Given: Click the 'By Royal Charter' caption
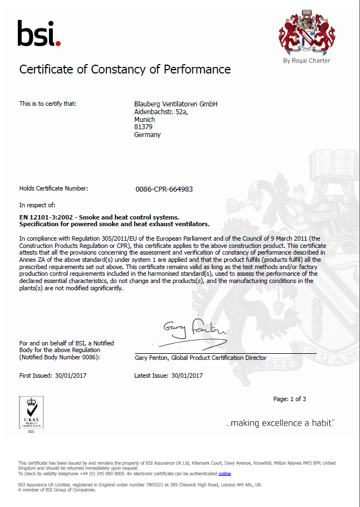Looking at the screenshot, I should tap(307, 61).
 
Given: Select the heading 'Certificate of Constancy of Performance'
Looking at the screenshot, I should tap(125, 70).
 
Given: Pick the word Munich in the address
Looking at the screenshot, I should tap(144, 119).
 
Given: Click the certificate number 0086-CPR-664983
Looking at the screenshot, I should tap(164, 189).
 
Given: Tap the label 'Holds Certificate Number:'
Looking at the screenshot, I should tap(53, 188).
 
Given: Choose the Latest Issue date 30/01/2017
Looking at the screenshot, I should tap(187, 376).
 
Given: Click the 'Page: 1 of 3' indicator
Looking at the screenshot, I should tap(289, 399).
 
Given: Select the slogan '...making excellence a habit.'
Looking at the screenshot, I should tap(280, 423).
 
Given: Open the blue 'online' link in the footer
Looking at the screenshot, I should tap(225, 474).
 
